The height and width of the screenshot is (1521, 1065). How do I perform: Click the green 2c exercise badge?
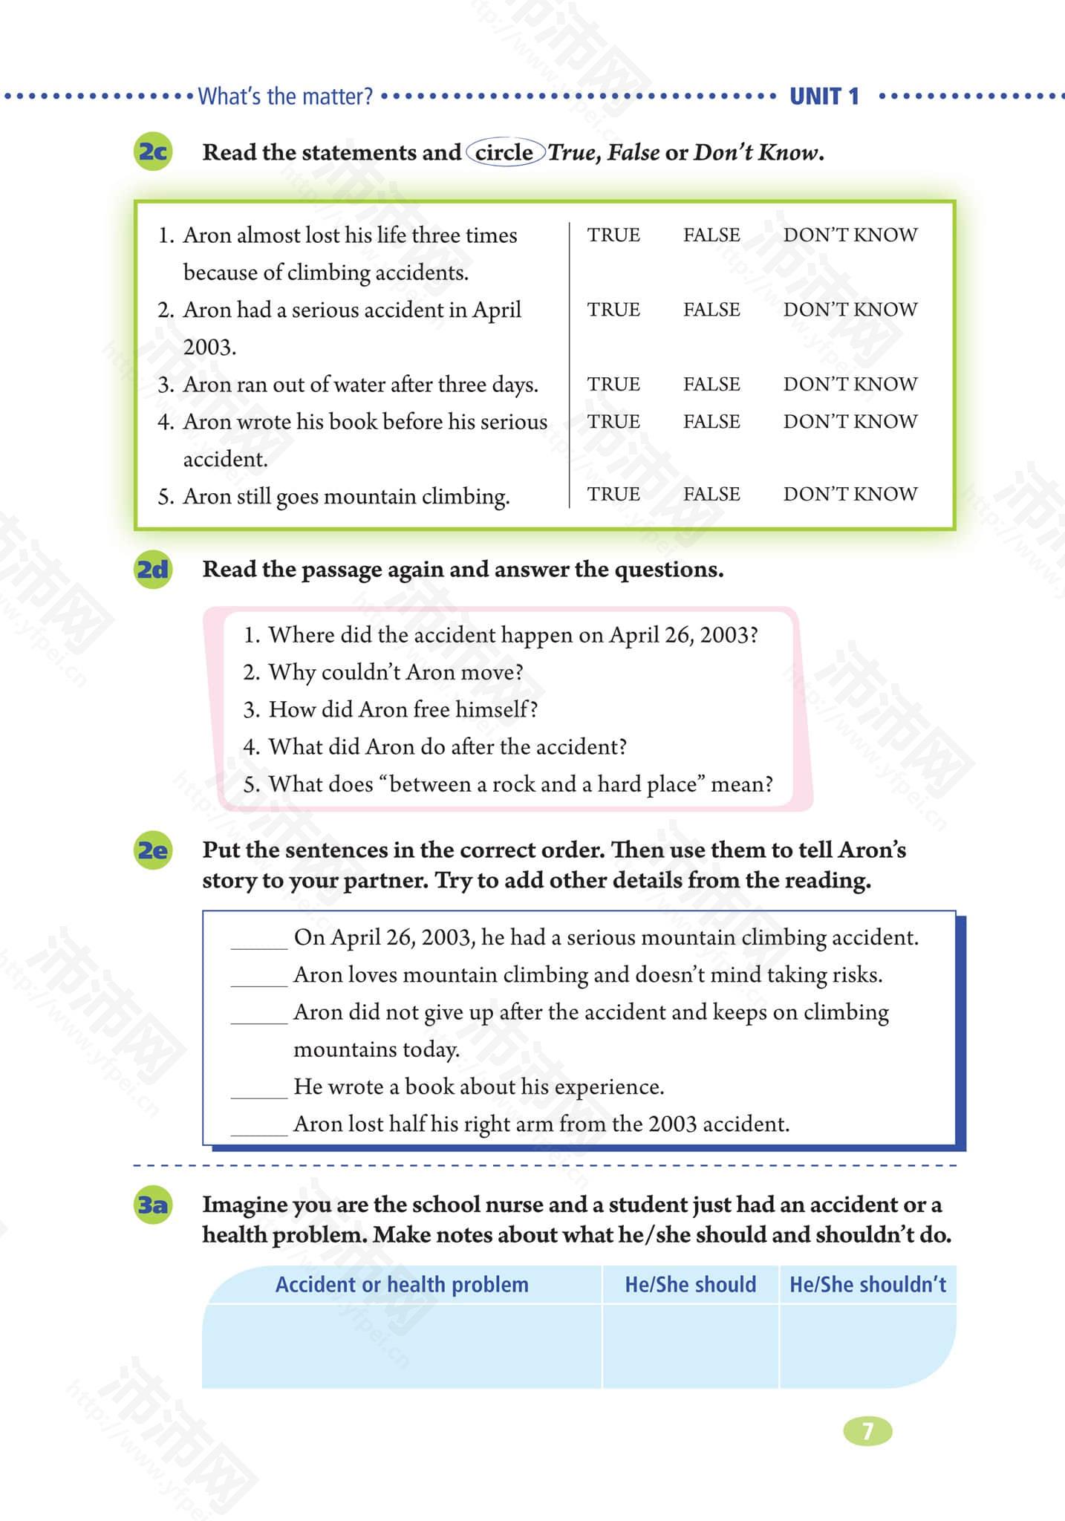coord(153,152)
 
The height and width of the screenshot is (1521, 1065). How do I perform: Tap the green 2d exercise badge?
coord(153,570)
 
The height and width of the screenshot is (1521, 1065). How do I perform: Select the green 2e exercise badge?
coord(153,850)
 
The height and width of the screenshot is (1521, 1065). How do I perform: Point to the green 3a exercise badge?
coord(153,1204)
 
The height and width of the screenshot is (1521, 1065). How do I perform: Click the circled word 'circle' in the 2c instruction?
coord(504,152)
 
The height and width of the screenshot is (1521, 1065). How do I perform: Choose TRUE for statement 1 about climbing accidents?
coord(613,235)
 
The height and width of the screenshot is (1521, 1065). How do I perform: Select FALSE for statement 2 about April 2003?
coord(711,309)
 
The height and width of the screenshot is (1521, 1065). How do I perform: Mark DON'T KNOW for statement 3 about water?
coord(850,384)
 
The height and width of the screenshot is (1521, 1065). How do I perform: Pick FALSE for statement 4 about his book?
coord(711,421)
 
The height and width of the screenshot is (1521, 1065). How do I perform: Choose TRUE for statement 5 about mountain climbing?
coord(613,494)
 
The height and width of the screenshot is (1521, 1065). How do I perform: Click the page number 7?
coord(867,1431)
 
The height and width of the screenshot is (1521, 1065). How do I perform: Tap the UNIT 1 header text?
coord(824,97)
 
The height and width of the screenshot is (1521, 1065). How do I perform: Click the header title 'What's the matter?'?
coord(285,97)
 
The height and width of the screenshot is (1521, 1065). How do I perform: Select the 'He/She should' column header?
coord(690,1284)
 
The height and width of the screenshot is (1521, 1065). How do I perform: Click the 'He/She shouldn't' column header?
coord(867,1284)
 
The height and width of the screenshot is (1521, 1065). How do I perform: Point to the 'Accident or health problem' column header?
coord(402,1284)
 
